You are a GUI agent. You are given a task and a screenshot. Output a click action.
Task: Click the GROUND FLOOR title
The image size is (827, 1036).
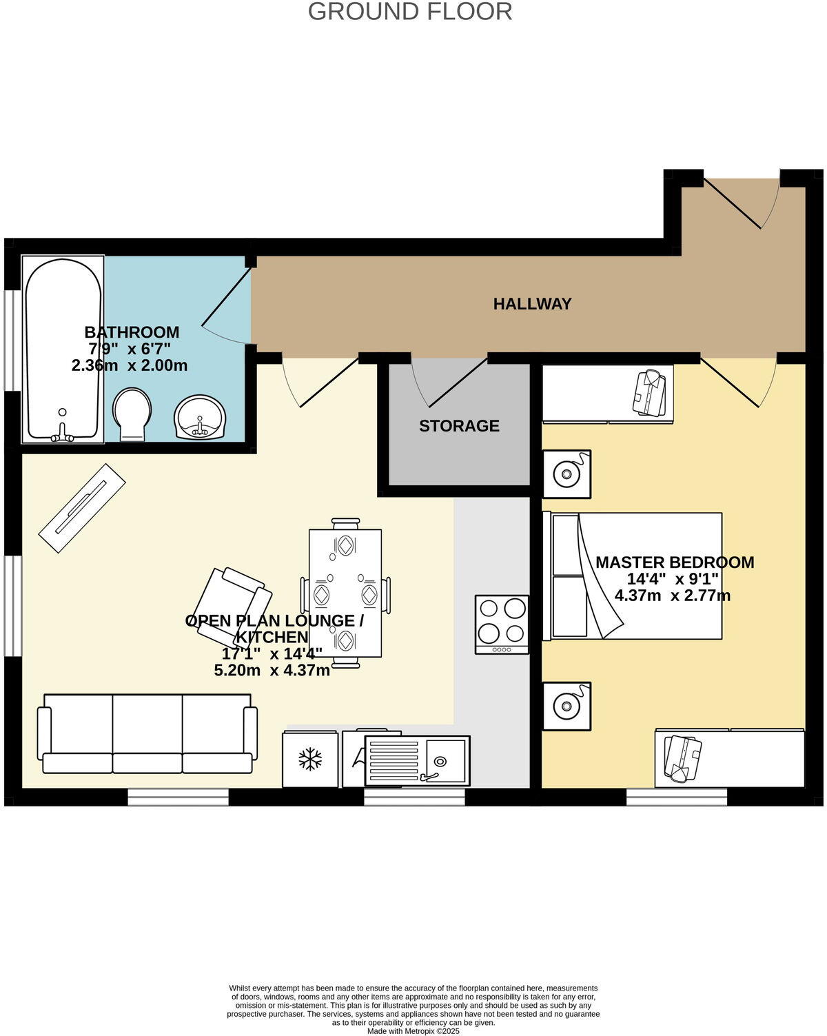pos(410,12)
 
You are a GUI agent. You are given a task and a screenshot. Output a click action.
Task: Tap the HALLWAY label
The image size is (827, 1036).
pos(532,304)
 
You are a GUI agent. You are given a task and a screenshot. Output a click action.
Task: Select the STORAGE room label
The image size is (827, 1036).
pos(459,426)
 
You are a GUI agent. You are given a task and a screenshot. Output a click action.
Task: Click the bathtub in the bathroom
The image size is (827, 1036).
pos(63,349)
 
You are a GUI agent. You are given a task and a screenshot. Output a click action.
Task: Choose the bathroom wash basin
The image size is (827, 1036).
pos(200,418)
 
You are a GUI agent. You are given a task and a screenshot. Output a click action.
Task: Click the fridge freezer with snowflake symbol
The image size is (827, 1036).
pos(310,759)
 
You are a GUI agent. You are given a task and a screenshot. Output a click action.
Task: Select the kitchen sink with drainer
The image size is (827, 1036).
pos(416,761)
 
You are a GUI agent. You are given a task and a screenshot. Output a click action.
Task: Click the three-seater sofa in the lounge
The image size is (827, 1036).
pos(147,734)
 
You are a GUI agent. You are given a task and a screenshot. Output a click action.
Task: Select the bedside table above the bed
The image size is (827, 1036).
pos(566,474)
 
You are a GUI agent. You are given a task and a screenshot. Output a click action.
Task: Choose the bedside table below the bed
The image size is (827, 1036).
pos(566,707)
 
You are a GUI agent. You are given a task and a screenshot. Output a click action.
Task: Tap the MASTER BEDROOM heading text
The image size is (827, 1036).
pos(675,562)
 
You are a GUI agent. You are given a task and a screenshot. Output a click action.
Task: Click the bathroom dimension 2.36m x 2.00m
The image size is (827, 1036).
pos(130,365)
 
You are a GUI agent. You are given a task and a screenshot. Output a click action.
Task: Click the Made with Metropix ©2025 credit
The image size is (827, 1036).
pos(413,1031)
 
